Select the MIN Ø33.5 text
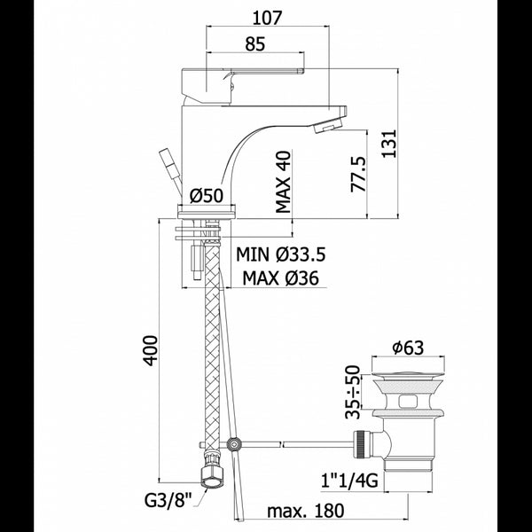(281, 254)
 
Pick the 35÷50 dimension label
(353, 391)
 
